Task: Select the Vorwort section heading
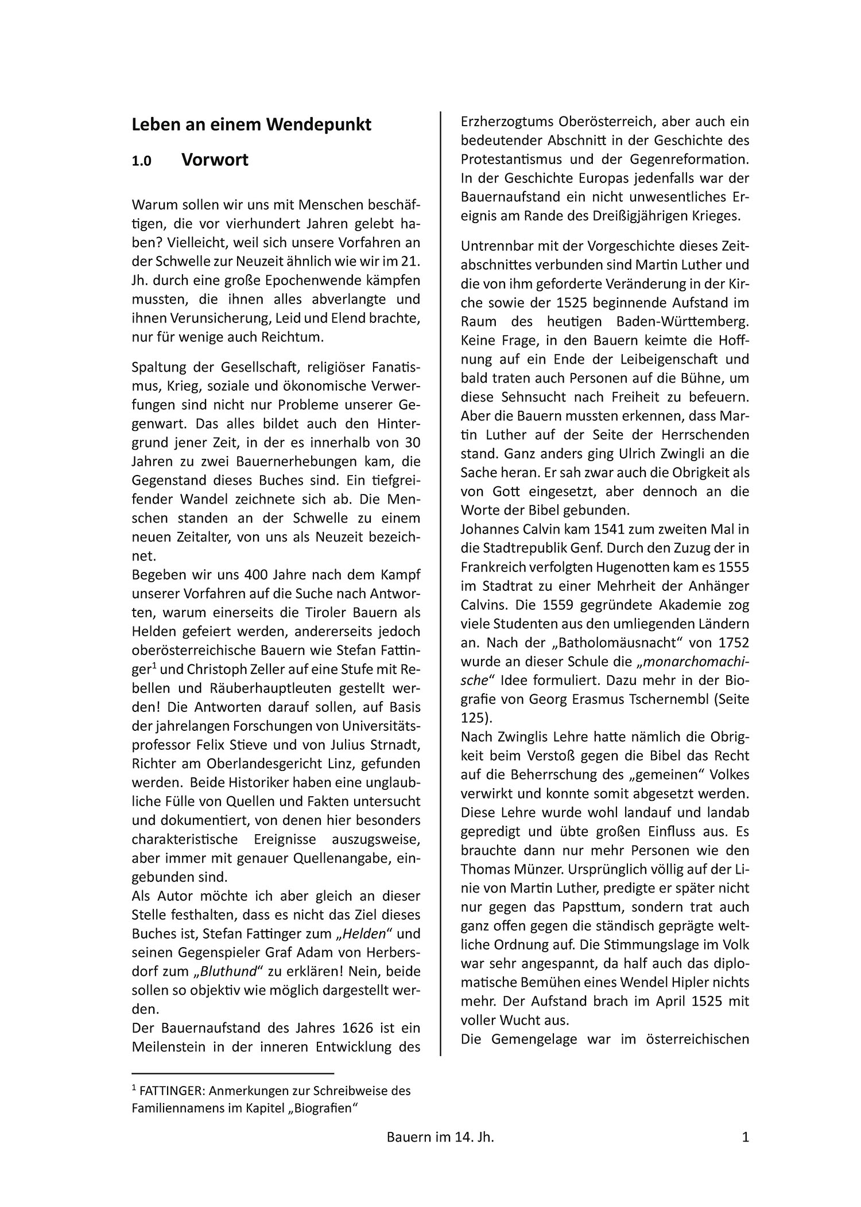tap(215, 160)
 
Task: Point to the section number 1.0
tap(141, 161)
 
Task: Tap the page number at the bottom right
tap(746, 1136)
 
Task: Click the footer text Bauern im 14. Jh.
tap(440, 1136)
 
